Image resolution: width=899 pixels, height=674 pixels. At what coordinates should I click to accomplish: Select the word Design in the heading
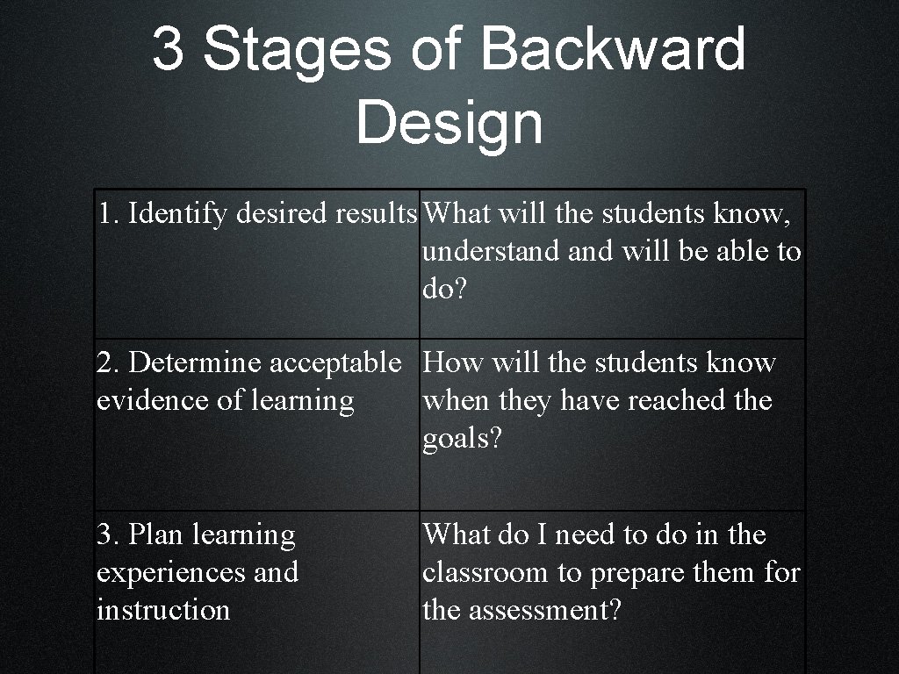[449, 124]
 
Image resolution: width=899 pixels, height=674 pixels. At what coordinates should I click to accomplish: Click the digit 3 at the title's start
[168, 49]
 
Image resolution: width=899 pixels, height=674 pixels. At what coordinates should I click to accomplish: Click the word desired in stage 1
[282, 212]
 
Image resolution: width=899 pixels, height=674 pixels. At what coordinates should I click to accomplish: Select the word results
[376, 213]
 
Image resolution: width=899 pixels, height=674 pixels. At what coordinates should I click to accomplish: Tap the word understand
[491, 251]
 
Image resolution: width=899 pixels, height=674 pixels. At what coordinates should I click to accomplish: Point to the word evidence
[153, 400]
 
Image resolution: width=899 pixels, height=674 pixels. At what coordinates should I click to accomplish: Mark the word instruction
[163, 610]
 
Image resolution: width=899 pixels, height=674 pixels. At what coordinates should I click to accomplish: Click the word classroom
[485, 572]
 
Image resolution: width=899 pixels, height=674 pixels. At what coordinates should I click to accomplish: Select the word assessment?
[545, 610]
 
